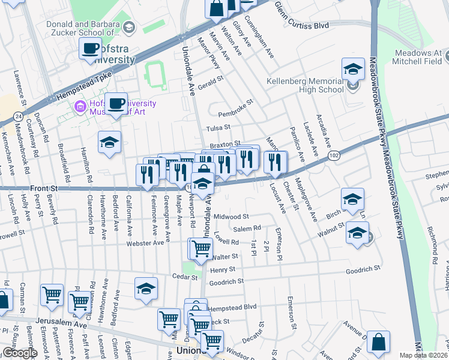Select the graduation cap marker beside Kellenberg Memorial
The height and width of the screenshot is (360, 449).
[354, 69]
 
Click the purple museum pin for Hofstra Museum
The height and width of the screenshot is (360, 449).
[79, 107]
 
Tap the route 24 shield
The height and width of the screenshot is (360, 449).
[19, 116]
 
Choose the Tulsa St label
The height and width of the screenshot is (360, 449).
[218, 127]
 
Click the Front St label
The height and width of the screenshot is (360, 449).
[45, 188]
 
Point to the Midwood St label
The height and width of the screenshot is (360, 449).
[231, 216]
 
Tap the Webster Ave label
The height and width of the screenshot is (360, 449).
[145, 243]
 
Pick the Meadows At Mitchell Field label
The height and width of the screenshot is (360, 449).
[418, 57]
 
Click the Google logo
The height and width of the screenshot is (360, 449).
[20, 353]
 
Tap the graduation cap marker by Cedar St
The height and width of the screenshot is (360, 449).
[146, 289]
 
